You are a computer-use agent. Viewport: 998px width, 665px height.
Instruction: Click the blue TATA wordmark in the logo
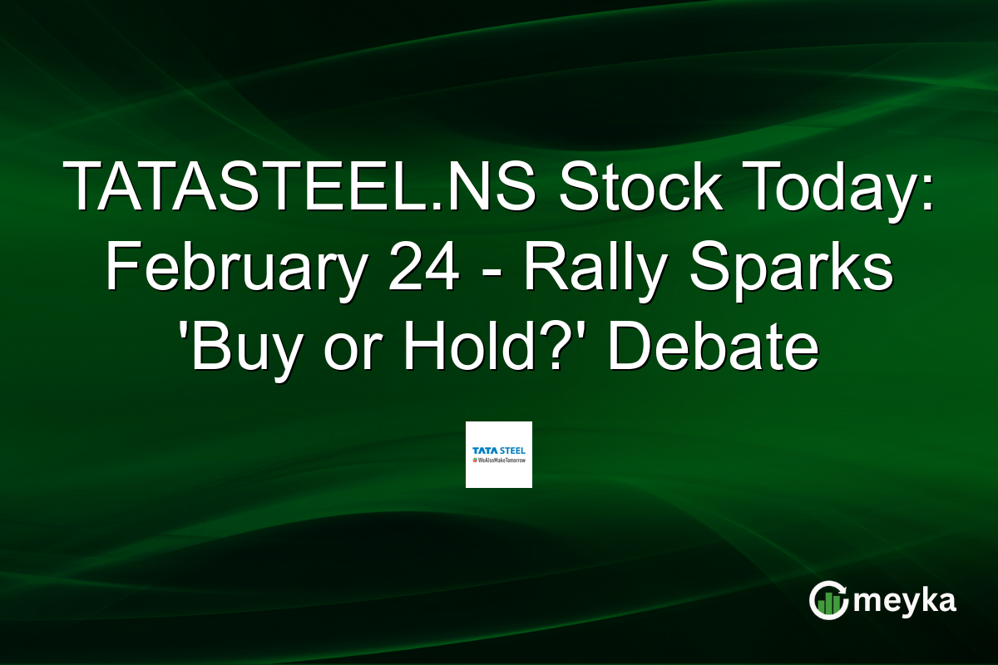(485, 451)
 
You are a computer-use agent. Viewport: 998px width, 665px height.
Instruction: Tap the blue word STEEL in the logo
(512, 451)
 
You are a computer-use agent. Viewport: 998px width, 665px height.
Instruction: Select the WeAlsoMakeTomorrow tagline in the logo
(501, 460)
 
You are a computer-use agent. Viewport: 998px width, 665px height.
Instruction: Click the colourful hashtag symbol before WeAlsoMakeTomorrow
(474, 460)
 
